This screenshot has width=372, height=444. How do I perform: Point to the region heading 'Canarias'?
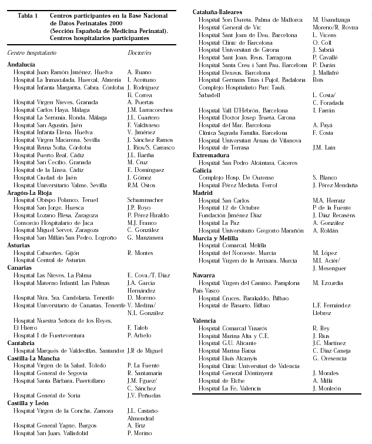[x=21, y=267]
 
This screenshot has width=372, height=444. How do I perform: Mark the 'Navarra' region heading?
[x=207, y=275]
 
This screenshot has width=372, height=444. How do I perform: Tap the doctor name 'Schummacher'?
[x=145, y=200]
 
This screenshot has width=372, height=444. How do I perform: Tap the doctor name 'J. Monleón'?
[x=327, y=388]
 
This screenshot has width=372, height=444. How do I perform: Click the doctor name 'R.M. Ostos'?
[x=141, y=185]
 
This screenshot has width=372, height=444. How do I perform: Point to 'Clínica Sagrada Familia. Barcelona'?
[x=243, y=132]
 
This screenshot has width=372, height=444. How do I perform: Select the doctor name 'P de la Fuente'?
[x=333, y=207]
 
